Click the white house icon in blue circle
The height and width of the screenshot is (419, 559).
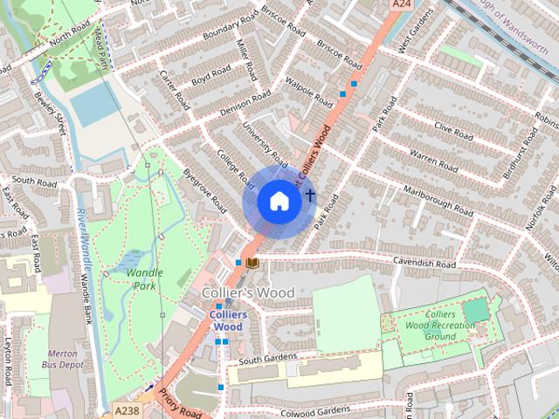click(x=279, y=202)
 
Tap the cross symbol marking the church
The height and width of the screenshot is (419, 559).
click(x=309, y=193)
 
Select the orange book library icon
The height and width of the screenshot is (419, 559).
click(x=252, y=262)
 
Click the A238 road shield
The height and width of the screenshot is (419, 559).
click(x=128, y=408)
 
